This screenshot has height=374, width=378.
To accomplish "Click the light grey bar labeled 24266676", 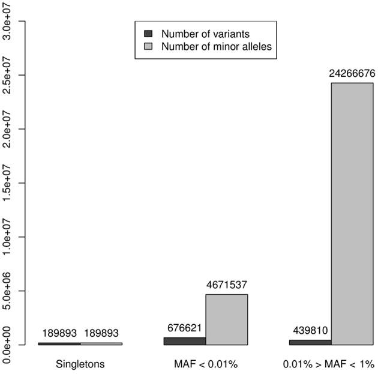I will pyautogui.click(x=352, y=213).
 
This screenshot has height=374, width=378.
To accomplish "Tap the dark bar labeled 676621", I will pyautogui.click(x=184, y=341).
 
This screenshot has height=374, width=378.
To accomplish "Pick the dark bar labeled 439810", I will pyautogui.click(x=310, y=342).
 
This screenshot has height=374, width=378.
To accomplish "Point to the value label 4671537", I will pyautogui.click(x=226, y=285).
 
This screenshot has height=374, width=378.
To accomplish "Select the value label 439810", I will pyautogui.click(x=310, y=331).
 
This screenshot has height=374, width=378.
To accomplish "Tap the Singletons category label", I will pyautogui.click(x=80, y=364).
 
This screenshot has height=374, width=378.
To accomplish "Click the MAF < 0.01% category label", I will pyautogui.click(x=206, y=364).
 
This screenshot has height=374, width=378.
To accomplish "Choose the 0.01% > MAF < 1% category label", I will pyautogui.click(x=331, y=364).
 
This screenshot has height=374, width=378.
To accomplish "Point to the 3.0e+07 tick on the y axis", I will pyautogui.click(x=7, y=22).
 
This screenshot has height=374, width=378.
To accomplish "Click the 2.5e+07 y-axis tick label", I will pyautogui.click(x=7, y=76).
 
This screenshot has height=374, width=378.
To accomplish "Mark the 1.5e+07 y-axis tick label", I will pyautogui.click(x=7, y=183).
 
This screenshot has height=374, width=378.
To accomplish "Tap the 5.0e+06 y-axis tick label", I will pyautogui.click(x=7, y=291).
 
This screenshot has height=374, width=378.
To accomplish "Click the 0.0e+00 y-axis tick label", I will pyautogui.click(x=7, y=345).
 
